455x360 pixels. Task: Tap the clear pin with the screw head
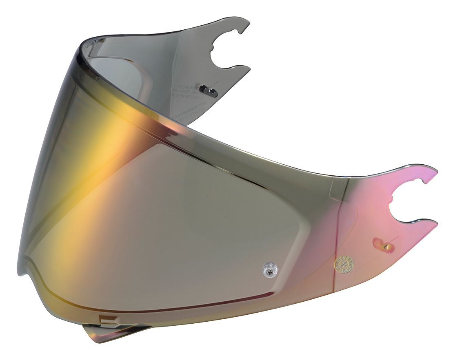268,268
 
